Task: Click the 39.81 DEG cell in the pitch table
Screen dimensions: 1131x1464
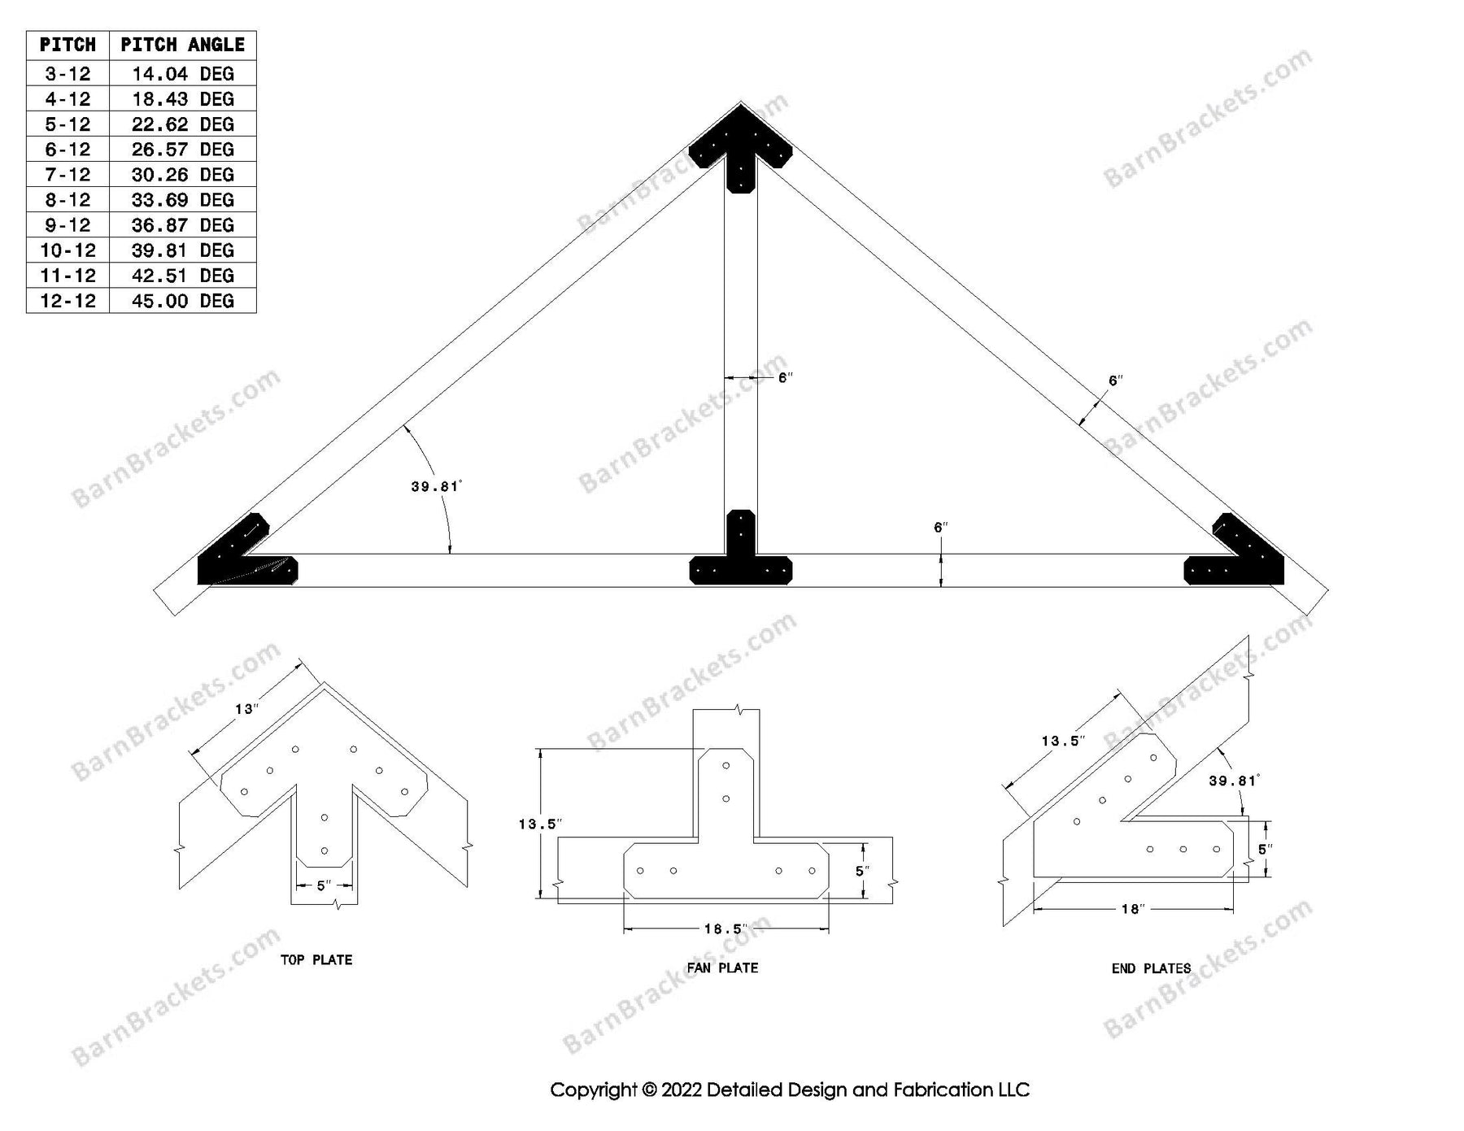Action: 182,250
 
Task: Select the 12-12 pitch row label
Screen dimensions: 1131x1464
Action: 68,301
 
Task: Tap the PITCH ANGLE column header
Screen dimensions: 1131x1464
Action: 182,45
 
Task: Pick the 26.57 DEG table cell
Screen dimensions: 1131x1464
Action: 182,150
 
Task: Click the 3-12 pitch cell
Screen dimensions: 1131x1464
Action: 68,74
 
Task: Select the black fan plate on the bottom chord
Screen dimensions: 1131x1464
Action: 740,561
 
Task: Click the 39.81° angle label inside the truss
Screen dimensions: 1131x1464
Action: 436,487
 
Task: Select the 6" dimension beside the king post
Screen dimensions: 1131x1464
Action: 785,378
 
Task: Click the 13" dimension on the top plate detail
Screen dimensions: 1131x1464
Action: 246,709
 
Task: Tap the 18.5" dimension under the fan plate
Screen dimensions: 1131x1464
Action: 725,929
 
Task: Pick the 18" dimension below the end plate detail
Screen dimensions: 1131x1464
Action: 1131,909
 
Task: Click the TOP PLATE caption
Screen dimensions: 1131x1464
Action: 316,960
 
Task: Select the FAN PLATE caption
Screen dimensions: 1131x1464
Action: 722,968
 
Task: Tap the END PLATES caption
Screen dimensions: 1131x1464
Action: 1151,968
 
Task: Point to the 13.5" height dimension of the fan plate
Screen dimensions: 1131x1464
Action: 540,824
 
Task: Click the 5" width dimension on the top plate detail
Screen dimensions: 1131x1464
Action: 324,885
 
